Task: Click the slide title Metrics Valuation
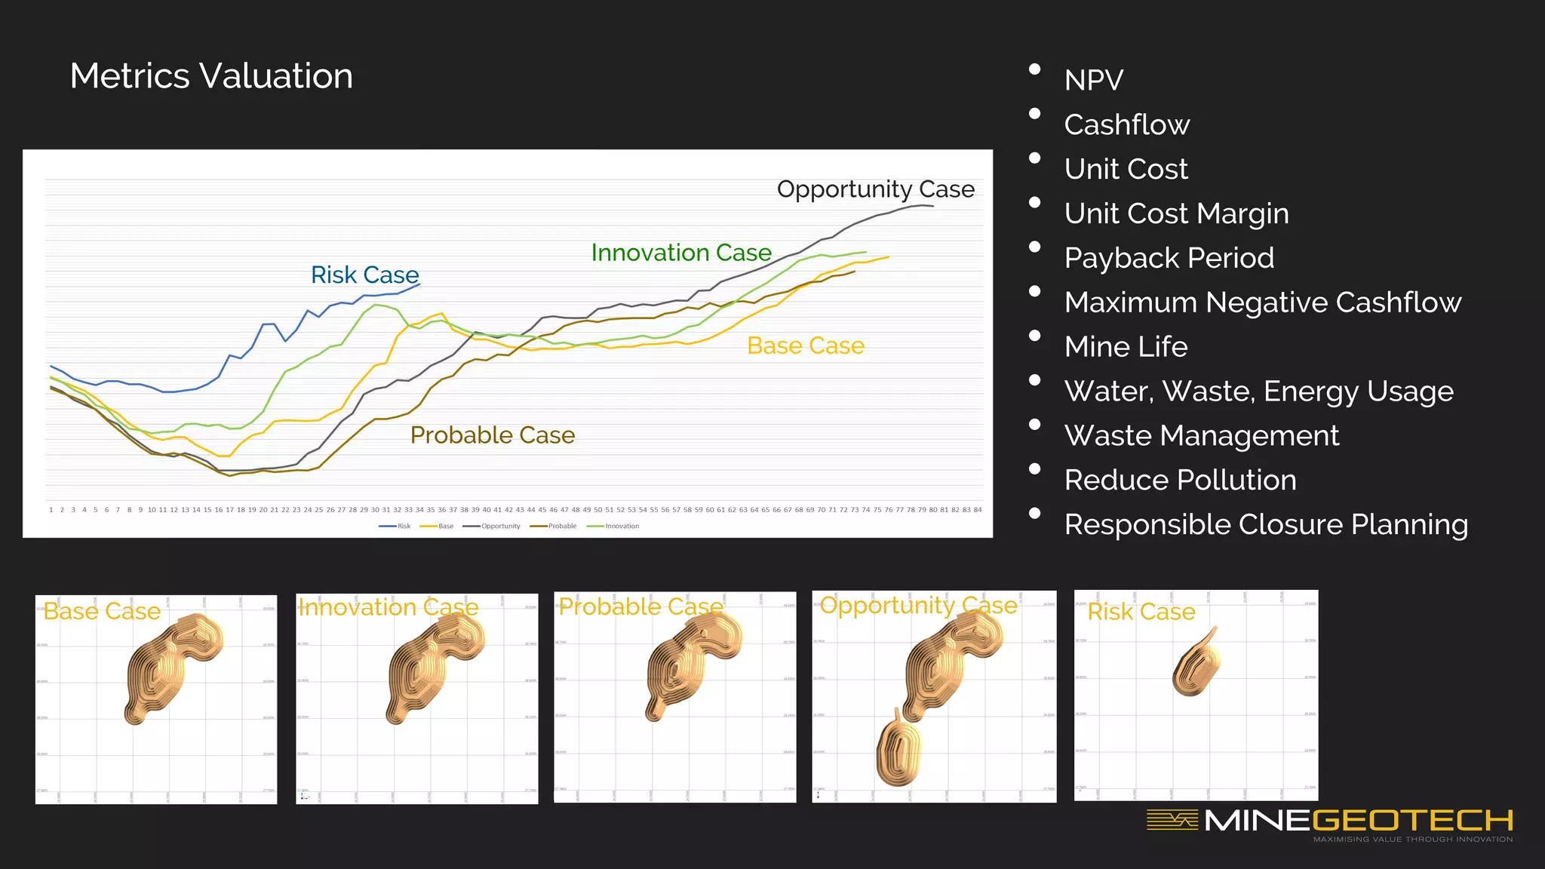[x=211, y=76]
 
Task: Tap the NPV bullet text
[x=1093, y=80]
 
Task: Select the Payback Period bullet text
[x=1169, y=258]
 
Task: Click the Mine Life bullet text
[x=1126, y=347]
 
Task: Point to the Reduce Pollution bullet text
[x=1180, y=481]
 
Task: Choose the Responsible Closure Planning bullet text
[x=1265, y=525]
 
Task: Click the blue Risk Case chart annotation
[x=364, y=275]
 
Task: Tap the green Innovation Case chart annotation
[x=680, y=253]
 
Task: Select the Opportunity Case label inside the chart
[x=875, y=189]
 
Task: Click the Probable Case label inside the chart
[x=492, y=435]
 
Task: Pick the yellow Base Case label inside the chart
[x=805, y=345]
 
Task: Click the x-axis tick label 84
[x=978, y=510]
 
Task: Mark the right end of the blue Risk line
[x=419, y=284]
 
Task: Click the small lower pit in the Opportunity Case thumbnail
[x=898, y=751]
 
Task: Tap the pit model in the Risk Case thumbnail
[x=1196, y=664]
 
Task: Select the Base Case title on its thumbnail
[x=102, y=611]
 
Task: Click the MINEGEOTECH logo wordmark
[x=1358, y=820]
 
